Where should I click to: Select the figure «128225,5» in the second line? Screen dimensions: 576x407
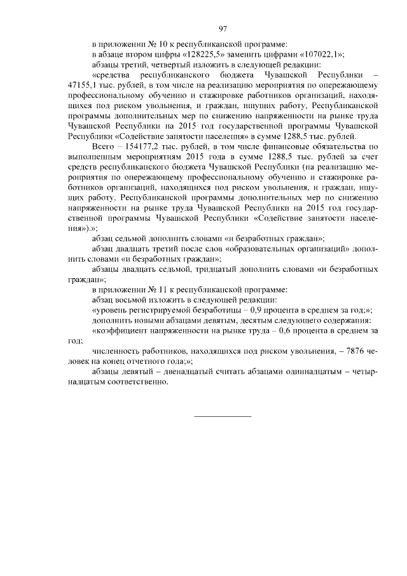coord(202,55)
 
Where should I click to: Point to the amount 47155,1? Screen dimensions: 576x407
coord(82,85)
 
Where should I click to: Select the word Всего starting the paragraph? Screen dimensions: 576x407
coord(104,146)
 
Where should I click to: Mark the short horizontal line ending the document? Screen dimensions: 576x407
coord(223,415)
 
